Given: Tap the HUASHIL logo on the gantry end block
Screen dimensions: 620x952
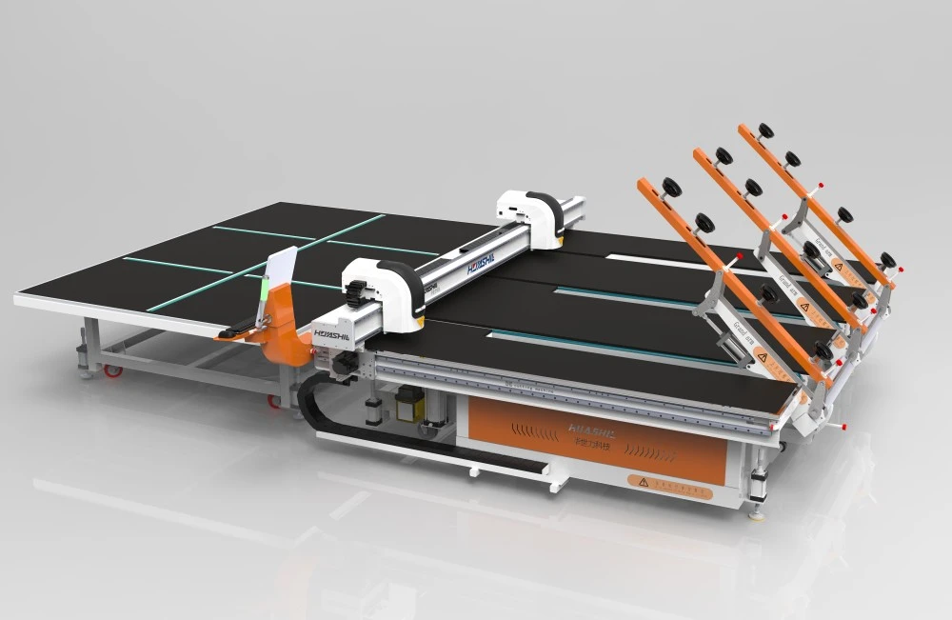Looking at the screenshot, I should [329, 334].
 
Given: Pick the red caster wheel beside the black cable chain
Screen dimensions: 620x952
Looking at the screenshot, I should [275, 401].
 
